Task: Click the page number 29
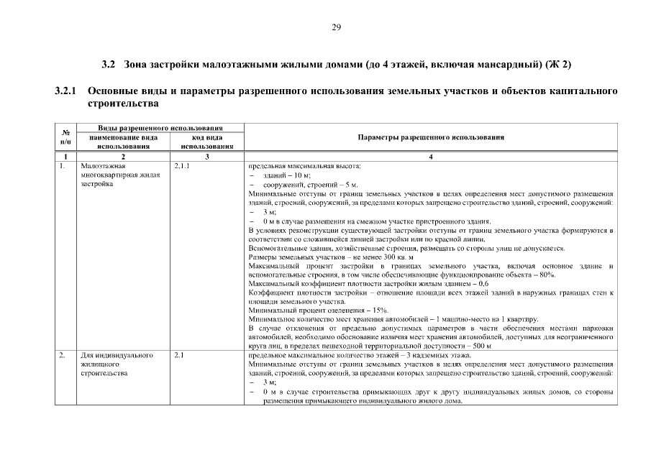click(336, 28)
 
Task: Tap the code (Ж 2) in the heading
click(557, 65)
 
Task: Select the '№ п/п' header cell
click(65, 137)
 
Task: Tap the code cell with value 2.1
click(180, 355)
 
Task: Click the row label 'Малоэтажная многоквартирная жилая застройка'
click(114, 175)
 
